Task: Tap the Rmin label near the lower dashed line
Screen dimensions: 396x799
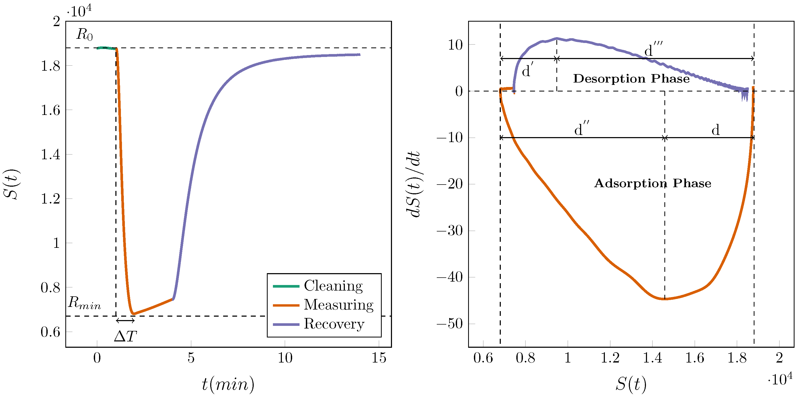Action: pyautogui.click(x=84, y=303)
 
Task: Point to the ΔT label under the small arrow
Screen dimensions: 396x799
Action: pyautogui.click(x=125, y=336)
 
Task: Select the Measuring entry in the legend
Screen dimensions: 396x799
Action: pyautogui.click(x=339, y=305)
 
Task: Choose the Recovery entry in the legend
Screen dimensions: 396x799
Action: pyautogui.click(x=334, y=324)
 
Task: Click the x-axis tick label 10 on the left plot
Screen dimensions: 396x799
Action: pyautogui.click(x=285, y=358)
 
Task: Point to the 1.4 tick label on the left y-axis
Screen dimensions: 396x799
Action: pyautogui.click(x=50, y=154)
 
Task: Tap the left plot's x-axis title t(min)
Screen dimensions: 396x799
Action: pyautogui.click(x=228, y=384)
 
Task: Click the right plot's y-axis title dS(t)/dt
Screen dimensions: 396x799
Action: pyautogui.click(x=413, y=185)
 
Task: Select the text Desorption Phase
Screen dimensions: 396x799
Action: pyautogui.click(x=631, y=79)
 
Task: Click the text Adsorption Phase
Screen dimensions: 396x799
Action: pyautogui.click(x=652, y=183)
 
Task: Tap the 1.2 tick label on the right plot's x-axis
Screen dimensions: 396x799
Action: pyautogui.click(x=610, y=358)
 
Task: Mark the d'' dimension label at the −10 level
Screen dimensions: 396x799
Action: pyautogui.click(x=581, y=129)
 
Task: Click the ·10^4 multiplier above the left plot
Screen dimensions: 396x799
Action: pyautogui.click(x=79, y=12)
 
